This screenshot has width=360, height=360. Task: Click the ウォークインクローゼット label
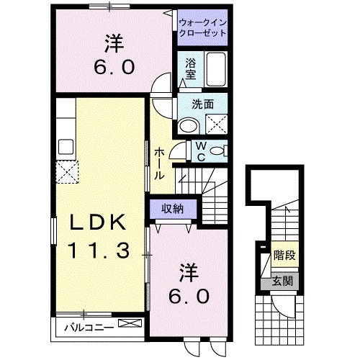tap(202, 28)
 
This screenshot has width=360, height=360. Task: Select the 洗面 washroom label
tap(202, 104)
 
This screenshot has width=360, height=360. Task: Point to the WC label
tap(201, 151)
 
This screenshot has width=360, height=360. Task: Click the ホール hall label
tap(159, 161)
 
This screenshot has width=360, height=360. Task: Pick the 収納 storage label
tap(171, 209)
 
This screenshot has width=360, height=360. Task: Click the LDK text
tap(97, 223)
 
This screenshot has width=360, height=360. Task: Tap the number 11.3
tap(99, 251)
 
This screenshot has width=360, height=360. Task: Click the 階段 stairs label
tap(284, 256)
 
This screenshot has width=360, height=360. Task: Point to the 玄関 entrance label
tap(282, 280)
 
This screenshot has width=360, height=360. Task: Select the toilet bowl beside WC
tap(222, 150)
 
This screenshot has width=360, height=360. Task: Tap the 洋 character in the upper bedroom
tap(111, 45)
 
